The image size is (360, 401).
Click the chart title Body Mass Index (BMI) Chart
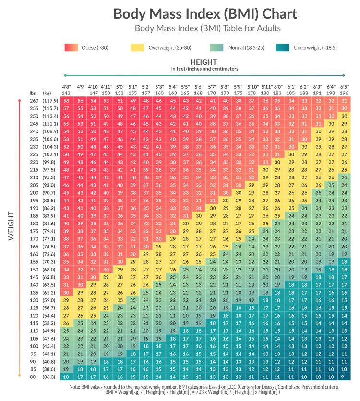tap(204, 14)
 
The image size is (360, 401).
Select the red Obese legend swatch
tap(71, 47)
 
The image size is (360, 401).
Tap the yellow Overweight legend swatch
tap(137, 47)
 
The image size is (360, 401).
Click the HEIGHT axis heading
tap(205, 62)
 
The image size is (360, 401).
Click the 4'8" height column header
tap(66, 86)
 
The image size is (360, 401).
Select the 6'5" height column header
tap(344, 86)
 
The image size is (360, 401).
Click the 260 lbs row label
tap(34, 101)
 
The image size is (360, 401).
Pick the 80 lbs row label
tap(34, 377)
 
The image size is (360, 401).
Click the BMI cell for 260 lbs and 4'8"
tap(66, 101)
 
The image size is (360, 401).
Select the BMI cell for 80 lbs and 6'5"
tap(344, 377)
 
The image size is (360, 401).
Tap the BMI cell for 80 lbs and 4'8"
tap(66, 377)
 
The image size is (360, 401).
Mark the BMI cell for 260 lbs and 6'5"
tap(344, 101)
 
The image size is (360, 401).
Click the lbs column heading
tap(33, 92)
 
